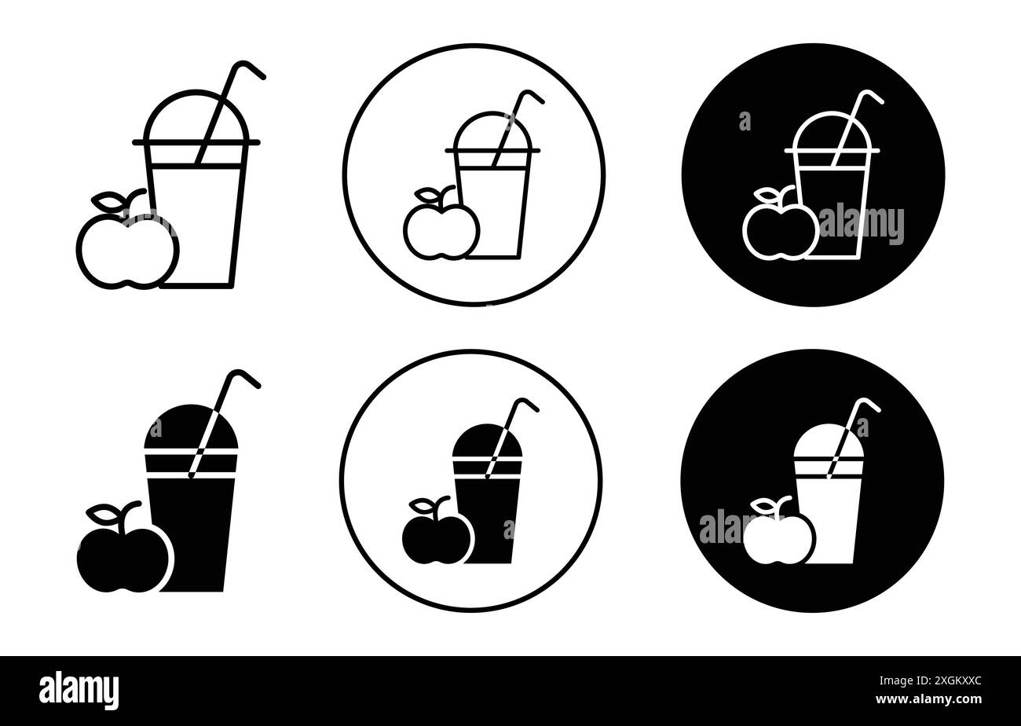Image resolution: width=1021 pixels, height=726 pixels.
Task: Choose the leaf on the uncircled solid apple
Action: coord(104,515)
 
